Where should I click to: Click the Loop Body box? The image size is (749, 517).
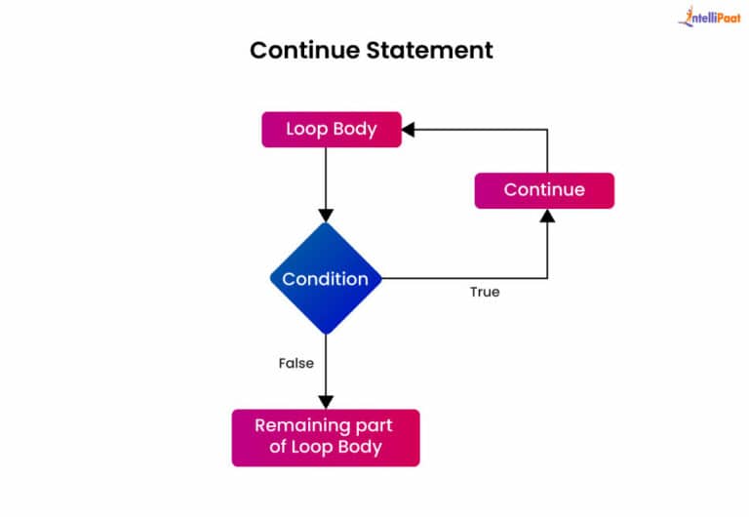[x=331, y=130]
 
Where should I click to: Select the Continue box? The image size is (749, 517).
[x=544, y=190]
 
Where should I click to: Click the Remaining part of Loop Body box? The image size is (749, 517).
[x=326, y=437]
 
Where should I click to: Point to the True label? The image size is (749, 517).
[x=485, y=292]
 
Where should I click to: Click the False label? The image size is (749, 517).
[x=296, y=363]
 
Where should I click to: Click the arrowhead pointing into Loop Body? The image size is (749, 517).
[x=410, y=130]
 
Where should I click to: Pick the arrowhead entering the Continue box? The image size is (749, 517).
[x=547, y=216]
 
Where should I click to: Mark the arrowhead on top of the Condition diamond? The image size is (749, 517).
[x=326, y=215]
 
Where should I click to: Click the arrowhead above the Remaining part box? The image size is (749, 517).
[x=326, y=401]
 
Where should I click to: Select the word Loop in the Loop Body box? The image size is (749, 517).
[x=306, y=130]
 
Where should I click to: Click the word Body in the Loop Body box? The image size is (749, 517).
[x=354, y=130]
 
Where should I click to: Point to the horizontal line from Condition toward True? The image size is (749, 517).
[x=458, y=279]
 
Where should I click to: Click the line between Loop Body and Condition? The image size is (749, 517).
[x=326, y=176]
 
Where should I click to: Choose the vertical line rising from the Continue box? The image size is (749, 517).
[x=547, y=151]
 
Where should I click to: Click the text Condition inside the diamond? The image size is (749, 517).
[x=326, y=279]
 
